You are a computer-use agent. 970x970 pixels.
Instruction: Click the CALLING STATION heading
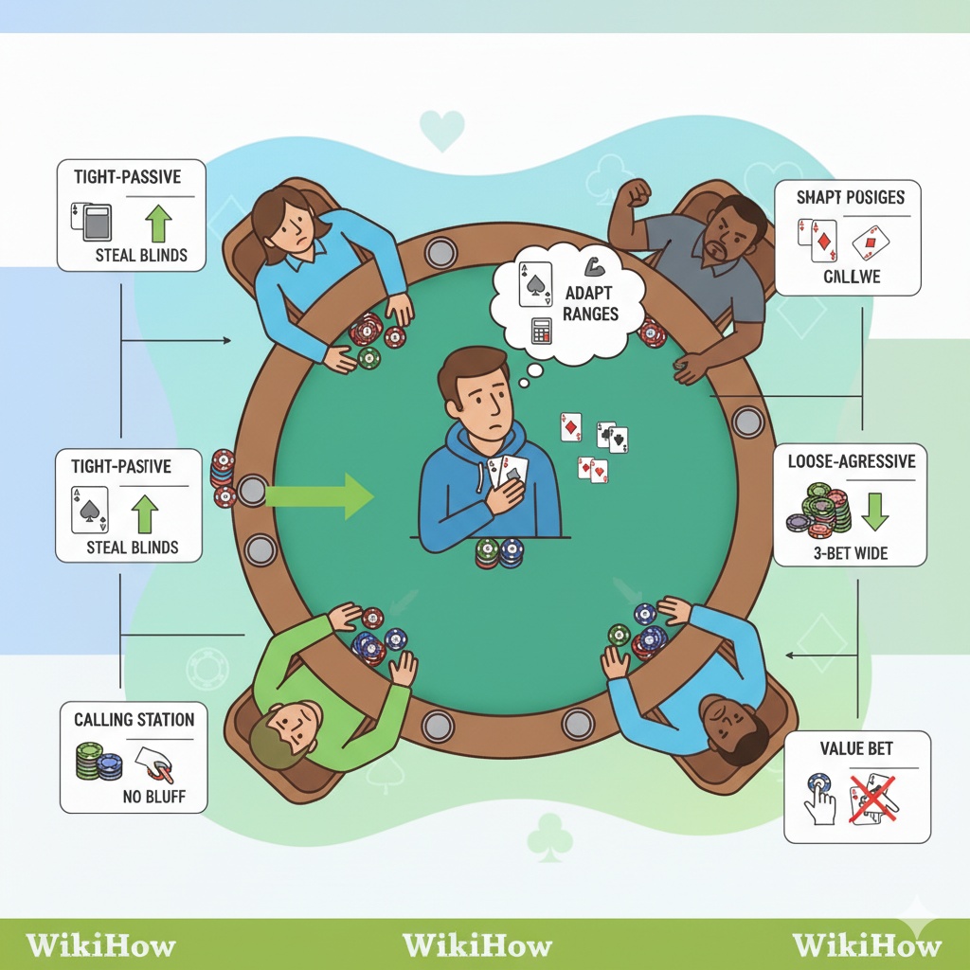134,720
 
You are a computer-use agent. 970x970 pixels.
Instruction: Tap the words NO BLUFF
153,797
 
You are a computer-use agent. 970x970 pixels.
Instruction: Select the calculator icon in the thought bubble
543,331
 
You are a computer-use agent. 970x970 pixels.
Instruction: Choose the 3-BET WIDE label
851,552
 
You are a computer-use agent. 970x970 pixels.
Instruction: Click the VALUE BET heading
856,749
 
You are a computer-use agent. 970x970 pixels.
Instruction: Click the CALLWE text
851,276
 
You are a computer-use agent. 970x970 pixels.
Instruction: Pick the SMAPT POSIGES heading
850,198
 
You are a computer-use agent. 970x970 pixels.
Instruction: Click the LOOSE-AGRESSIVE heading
852,462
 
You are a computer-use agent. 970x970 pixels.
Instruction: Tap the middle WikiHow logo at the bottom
476,944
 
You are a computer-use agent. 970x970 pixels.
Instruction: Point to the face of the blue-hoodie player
476,392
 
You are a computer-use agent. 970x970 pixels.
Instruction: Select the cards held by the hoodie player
507,470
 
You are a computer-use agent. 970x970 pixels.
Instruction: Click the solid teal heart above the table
441,131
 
